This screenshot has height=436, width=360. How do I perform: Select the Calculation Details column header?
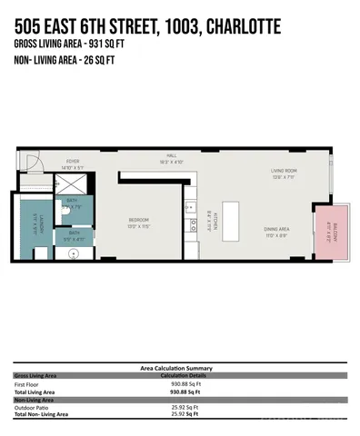pyautogui.click(x=185, y=375)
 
